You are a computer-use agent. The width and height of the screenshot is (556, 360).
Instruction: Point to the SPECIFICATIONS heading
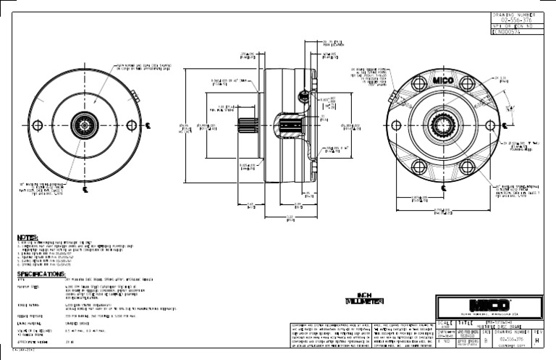(43, 275)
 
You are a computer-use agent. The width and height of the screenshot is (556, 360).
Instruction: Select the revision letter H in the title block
(547, 339)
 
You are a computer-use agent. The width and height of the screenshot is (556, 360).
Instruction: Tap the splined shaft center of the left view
(84, 125)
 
